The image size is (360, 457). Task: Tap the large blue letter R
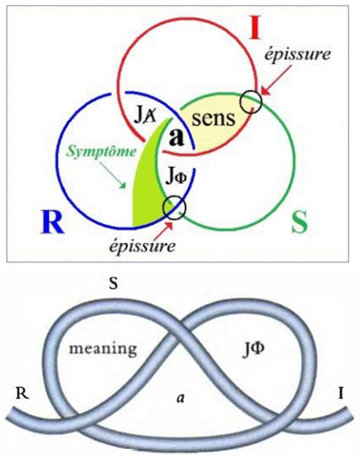coord(52,221)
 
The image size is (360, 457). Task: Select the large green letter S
coord(300,222)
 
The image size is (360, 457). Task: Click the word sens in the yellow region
coord(214,119)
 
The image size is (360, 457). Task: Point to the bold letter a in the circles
coord(177,137)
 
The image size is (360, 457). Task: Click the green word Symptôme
coord(101,152)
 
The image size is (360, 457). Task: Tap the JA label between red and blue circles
coord(145,115)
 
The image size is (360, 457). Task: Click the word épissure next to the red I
coord(298,54)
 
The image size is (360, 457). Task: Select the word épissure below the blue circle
coord(142,246)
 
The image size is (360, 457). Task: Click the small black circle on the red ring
coord(251,101)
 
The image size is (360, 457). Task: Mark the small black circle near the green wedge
coord(174,207)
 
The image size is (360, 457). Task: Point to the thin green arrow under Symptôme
coord(113,175)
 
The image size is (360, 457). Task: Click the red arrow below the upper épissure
coord(275,80)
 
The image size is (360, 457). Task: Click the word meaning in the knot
coord(103,349)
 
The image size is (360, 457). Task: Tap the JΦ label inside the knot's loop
coord(253,348)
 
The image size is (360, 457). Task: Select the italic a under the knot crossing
coord(181,398)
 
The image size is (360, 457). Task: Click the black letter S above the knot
coord(114,283)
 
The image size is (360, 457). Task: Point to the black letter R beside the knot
coord(22,393)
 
